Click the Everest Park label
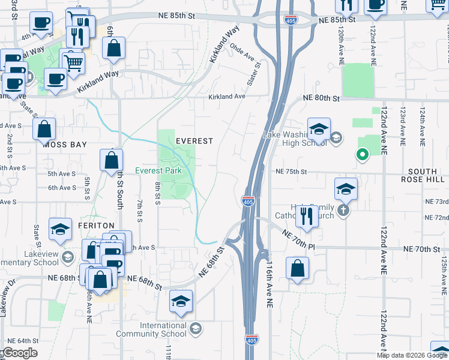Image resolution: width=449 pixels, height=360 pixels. click(x=158, y=170)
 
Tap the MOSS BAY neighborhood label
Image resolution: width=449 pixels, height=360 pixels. click(x=65, y=145)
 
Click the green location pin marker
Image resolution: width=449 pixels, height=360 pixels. click(x=362, y=155)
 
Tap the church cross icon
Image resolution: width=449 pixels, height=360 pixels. click(x=343, y=210)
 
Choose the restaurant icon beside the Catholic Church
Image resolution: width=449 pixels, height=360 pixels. click(x=307, y=216)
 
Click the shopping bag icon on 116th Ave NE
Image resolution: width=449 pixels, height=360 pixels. click(x=298, y=268)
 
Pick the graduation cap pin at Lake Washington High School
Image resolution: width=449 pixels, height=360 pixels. click(x=319, y=129)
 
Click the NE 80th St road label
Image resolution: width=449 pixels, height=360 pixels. click(x=322, y=98)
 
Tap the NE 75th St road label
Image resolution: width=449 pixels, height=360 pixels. click(x=291, y=172)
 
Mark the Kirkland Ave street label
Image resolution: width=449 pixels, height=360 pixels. click(x=227, y=97)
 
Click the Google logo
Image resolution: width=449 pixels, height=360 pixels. click(x=19, y=353)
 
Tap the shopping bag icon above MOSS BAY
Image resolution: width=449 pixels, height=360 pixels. click(x=44, y=128)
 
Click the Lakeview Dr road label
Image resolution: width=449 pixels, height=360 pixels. click(x=7, y=296)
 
